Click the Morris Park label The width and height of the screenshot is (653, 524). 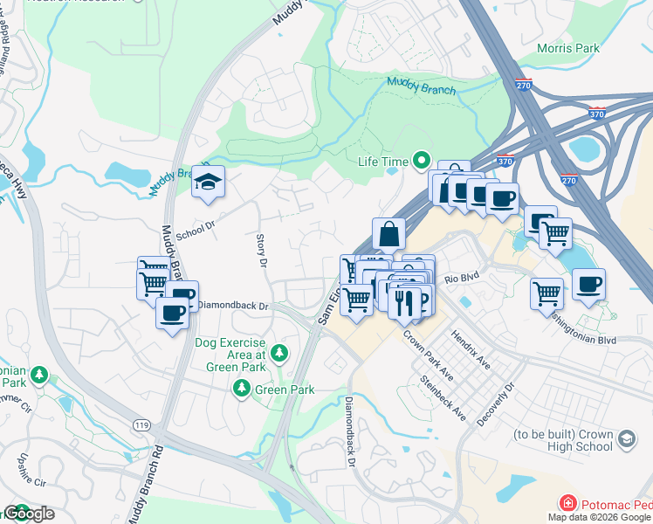pos(568,48)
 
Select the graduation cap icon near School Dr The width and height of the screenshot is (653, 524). pos(209,181)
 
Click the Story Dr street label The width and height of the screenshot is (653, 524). pos(260,249)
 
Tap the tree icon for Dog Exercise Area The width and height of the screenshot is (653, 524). pos(278,353)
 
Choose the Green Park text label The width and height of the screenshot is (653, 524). pos(278,389)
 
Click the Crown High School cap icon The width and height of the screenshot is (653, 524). pos(626,437)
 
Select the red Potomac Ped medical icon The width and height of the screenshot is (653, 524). pos(568,504)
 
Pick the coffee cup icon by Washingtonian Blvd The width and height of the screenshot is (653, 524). pos(588,284)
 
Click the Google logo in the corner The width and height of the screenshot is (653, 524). pos(28,514)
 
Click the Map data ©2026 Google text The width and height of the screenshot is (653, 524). pos(599,517)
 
